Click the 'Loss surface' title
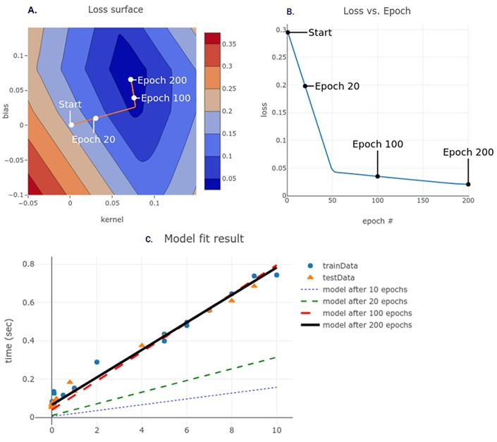115,11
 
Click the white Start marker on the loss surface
71,125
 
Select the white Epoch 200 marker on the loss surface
130,80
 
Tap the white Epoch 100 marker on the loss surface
134,98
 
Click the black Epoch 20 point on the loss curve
305,86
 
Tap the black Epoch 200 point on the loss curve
468,184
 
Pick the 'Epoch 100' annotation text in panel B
377,145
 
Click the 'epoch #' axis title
379,221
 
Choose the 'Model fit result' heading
204,239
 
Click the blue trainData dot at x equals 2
97,362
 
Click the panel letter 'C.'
149,240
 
